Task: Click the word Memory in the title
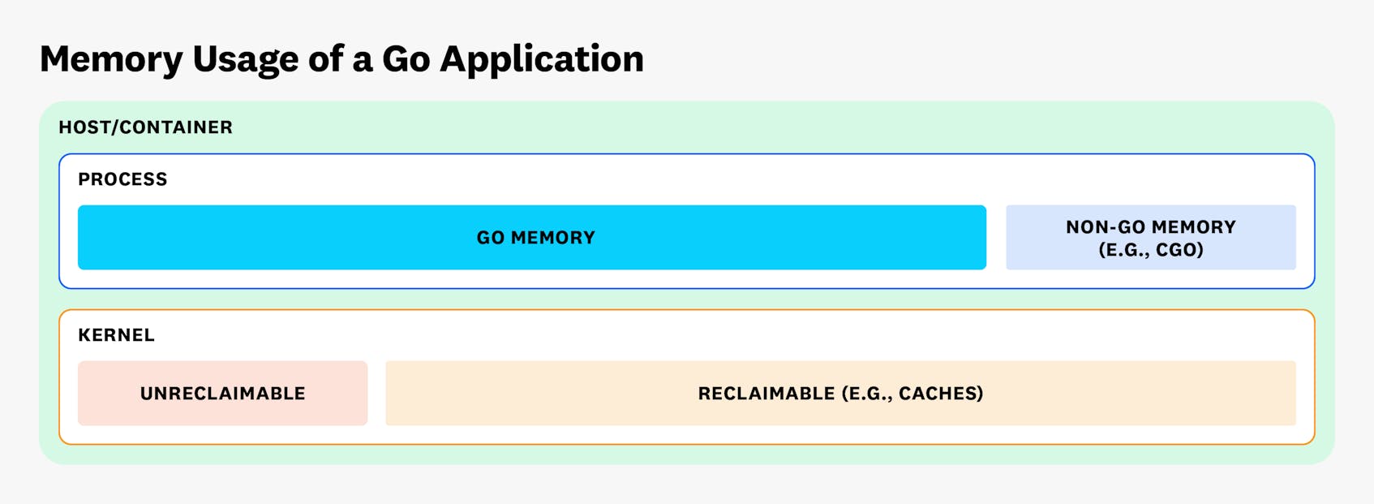pyautogui.click(x=111, y=59)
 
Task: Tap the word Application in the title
pyautogui.click(x=541, y=59)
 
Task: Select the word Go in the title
pyautogui.click(x=406, y=59)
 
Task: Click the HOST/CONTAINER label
pyautogui.click(x=145, y=127)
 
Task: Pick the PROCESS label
pyautogui.click(x=122, y=179)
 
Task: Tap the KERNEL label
pyautogui.click(x=116, y=335)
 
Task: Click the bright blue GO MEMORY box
pyautogui.click(x=324, y=238)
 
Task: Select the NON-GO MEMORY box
pyautogui.click(x=1150, y=238)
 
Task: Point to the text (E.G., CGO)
pyautogui.click(x=1150, y=250)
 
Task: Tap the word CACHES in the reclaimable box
pyautogui.click(x=940, y=394)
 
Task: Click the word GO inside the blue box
pyautogui.click(x=491, y=238)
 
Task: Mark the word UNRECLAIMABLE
pyautogui.click(x=222, y=394)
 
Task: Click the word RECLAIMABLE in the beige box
pyautogui.click(x=766, y=394)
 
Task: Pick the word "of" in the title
pyautogui.click(x=325, y=59)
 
